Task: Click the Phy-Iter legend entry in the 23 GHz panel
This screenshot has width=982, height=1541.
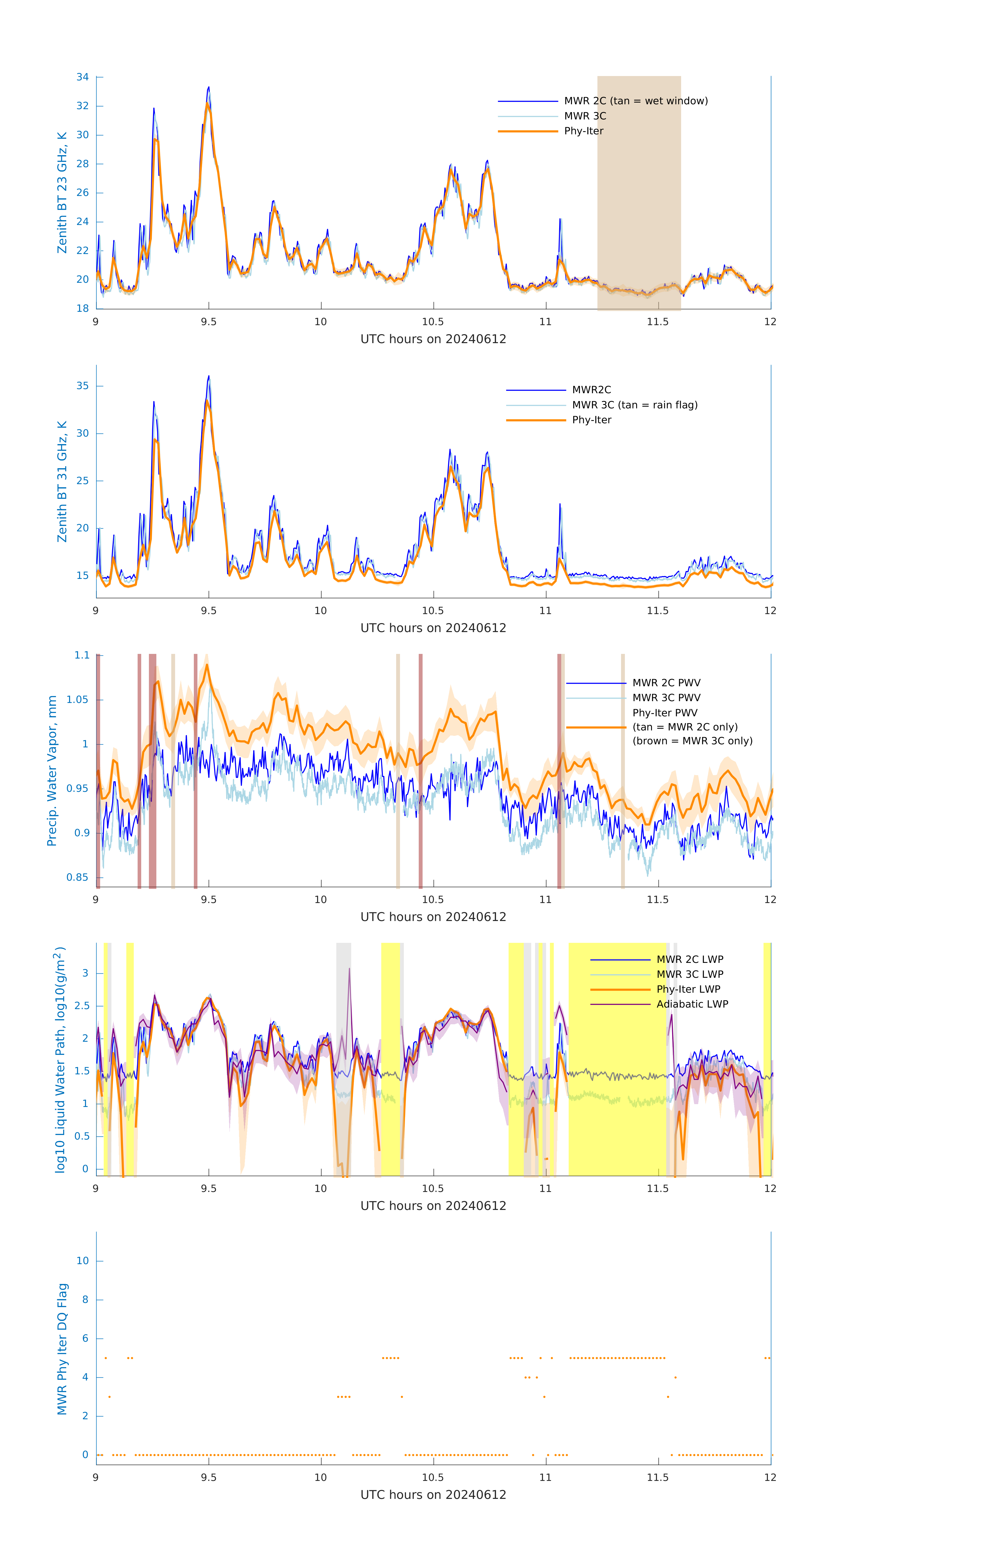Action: [x=584, y=131]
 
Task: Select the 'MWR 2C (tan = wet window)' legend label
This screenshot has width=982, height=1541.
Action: [x=635, y=101]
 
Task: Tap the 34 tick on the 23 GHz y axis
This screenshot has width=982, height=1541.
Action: [x=82, y=77]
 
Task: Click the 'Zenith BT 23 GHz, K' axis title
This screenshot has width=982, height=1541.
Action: [x=62, y=193]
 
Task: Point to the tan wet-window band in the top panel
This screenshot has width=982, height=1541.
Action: [x=638, y=192]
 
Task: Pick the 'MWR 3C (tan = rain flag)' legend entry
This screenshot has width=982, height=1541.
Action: [x=634, y=405]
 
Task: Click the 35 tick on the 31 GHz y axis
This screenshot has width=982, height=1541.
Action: [x=82, y=386]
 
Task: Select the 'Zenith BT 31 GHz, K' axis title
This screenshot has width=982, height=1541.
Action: [x=62, y=481]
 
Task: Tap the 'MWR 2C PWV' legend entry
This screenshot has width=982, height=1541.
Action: [x=666, y=683]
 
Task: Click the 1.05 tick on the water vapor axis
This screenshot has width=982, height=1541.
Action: [x=78, y=699]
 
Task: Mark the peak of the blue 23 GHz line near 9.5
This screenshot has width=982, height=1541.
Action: [x=208, y=88]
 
